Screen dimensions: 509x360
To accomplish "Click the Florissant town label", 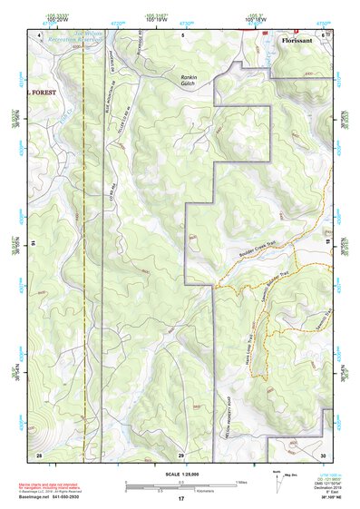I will pos(299,41).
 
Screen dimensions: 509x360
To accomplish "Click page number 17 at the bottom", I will pos(180,499).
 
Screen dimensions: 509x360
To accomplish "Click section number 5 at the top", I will pos(181,35).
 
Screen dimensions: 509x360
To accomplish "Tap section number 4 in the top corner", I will pos(40,35).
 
